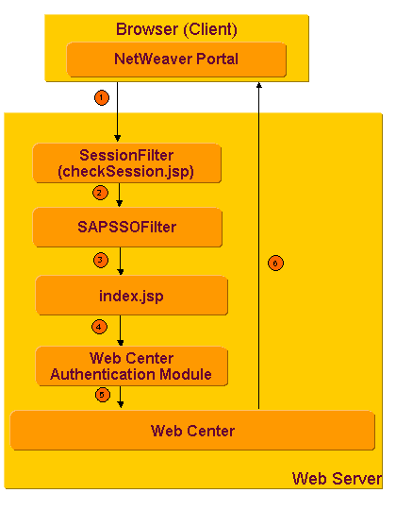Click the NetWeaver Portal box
click(176, 59)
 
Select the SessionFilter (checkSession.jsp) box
click(126, 163)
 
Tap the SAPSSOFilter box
click(127, 228)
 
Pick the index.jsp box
click(131, 295)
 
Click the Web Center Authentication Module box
click(131, 365)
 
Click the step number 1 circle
click(102, 96)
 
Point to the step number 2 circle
click(99, 193)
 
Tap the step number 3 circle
click(99, 259)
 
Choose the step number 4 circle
click(99, 327)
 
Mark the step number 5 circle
click(102, 395)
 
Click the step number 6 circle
click(275, 263)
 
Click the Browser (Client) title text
click(176, 29)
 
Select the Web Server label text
click(337, 478)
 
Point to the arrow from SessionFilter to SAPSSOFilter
click(120, 195)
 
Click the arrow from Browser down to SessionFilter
click(117, 113)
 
